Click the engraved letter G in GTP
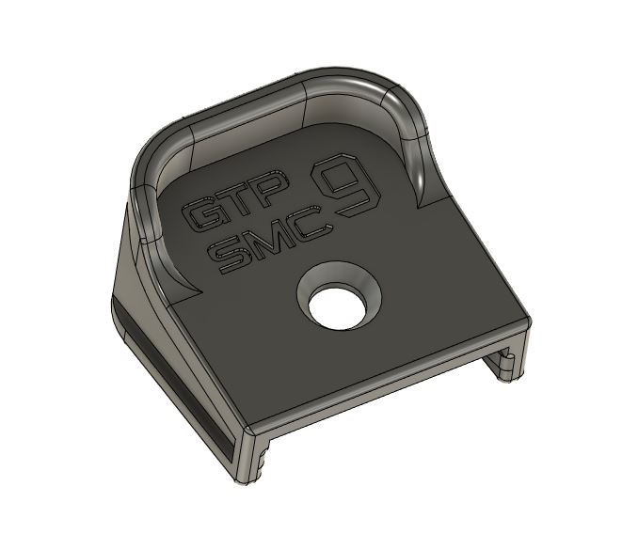pos(202,217)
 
